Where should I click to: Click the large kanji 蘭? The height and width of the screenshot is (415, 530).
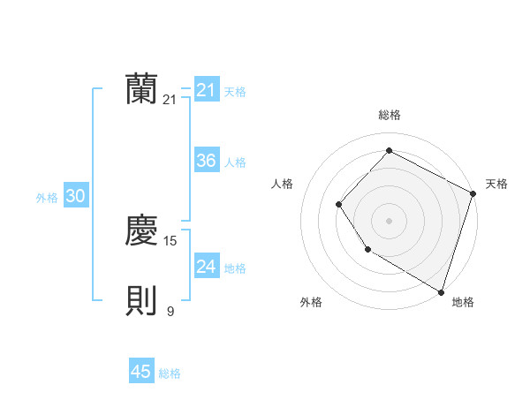tap(141, 89)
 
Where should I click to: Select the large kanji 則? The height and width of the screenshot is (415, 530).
tap(141, 301)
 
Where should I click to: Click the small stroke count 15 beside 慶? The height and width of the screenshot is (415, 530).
tap(170, 240)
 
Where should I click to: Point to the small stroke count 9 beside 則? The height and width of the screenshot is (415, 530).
tap(170, 311)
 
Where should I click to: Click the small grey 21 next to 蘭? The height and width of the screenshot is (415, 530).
tap(170, 100)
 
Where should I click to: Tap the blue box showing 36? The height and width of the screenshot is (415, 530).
tap(206, 161)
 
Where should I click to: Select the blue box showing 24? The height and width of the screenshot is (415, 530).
tap(206, 267)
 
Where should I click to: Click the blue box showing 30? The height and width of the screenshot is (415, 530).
tap(75, 197)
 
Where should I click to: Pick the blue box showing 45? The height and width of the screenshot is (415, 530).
tap(141, 372)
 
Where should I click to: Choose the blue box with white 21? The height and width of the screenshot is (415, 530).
tap(206, 90)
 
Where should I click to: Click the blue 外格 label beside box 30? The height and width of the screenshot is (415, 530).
tap(47, 198)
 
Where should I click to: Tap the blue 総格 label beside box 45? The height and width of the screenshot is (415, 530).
tap(170, 373)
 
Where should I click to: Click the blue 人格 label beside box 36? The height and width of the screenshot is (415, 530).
tap(235, 162)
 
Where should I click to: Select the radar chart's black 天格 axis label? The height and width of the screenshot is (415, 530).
tap(496, 184)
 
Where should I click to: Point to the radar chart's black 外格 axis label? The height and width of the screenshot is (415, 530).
tap(310, 302)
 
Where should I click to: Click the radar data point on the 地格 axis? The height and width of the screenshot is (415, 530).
tap(441, 291)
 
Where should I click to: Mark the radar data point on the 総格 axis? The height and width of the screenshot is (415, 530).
tap(389, 151)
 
